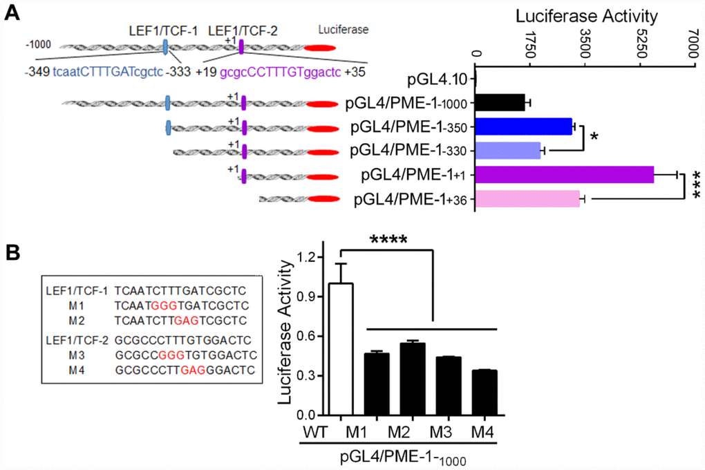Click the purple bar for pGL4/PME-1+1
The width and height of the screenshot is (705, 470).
pyautogui.click(x=564, y=174)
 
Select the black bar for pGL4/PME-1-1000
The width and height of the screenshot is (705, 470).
pyautogui.click(x=500, y=102)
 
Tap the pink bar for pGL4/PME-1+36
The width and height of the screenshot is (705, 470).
pyautogui.click(x=527, y=199)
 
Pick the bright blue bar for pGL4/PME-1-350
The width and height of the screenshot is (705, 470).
pyautogui.click(x=524, y=127)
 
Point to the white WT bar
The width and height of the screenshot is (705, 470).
pyautogui.click(x=341, y=349)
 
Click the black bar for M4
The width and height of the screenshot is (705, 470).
pyautogui.click(x=485, y=393)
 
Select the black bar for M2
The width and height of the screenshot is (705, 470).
pyautogui.click(x=413, y=379)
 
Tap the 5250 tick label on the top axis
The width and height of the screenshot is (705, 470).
pyautogui.click(x=640, y=44)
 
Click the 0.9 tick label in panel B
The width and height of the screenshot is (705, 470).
pyautogui.click(x=307, y=297)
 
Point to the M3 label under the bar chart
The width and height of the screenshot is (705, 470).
pyautogui.click(x=441, y=432)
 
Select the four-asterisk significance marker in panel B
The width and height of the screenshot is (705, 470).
pyautogui.click(x=388, y=240)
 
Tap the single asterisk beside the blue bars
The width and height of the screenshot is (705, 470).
pyautogui.click(x=594, y=137)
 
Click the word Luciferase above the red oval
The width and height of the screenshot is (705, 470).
pyautogui.click(x=344, y=30)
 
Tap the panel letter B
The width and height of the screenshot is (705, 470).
pyautogui.click(x=12, y=252)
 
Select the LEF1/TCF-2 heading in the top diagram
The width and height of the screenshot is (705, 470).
pyautogui.click(x=243, y=31)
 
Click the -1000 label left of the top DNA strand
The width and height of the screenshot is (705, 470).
pyautogui.click(x=38, y=44)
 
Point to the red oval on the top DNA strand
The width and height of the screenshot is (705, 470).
pyautogui.click(x=320, y=48)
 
